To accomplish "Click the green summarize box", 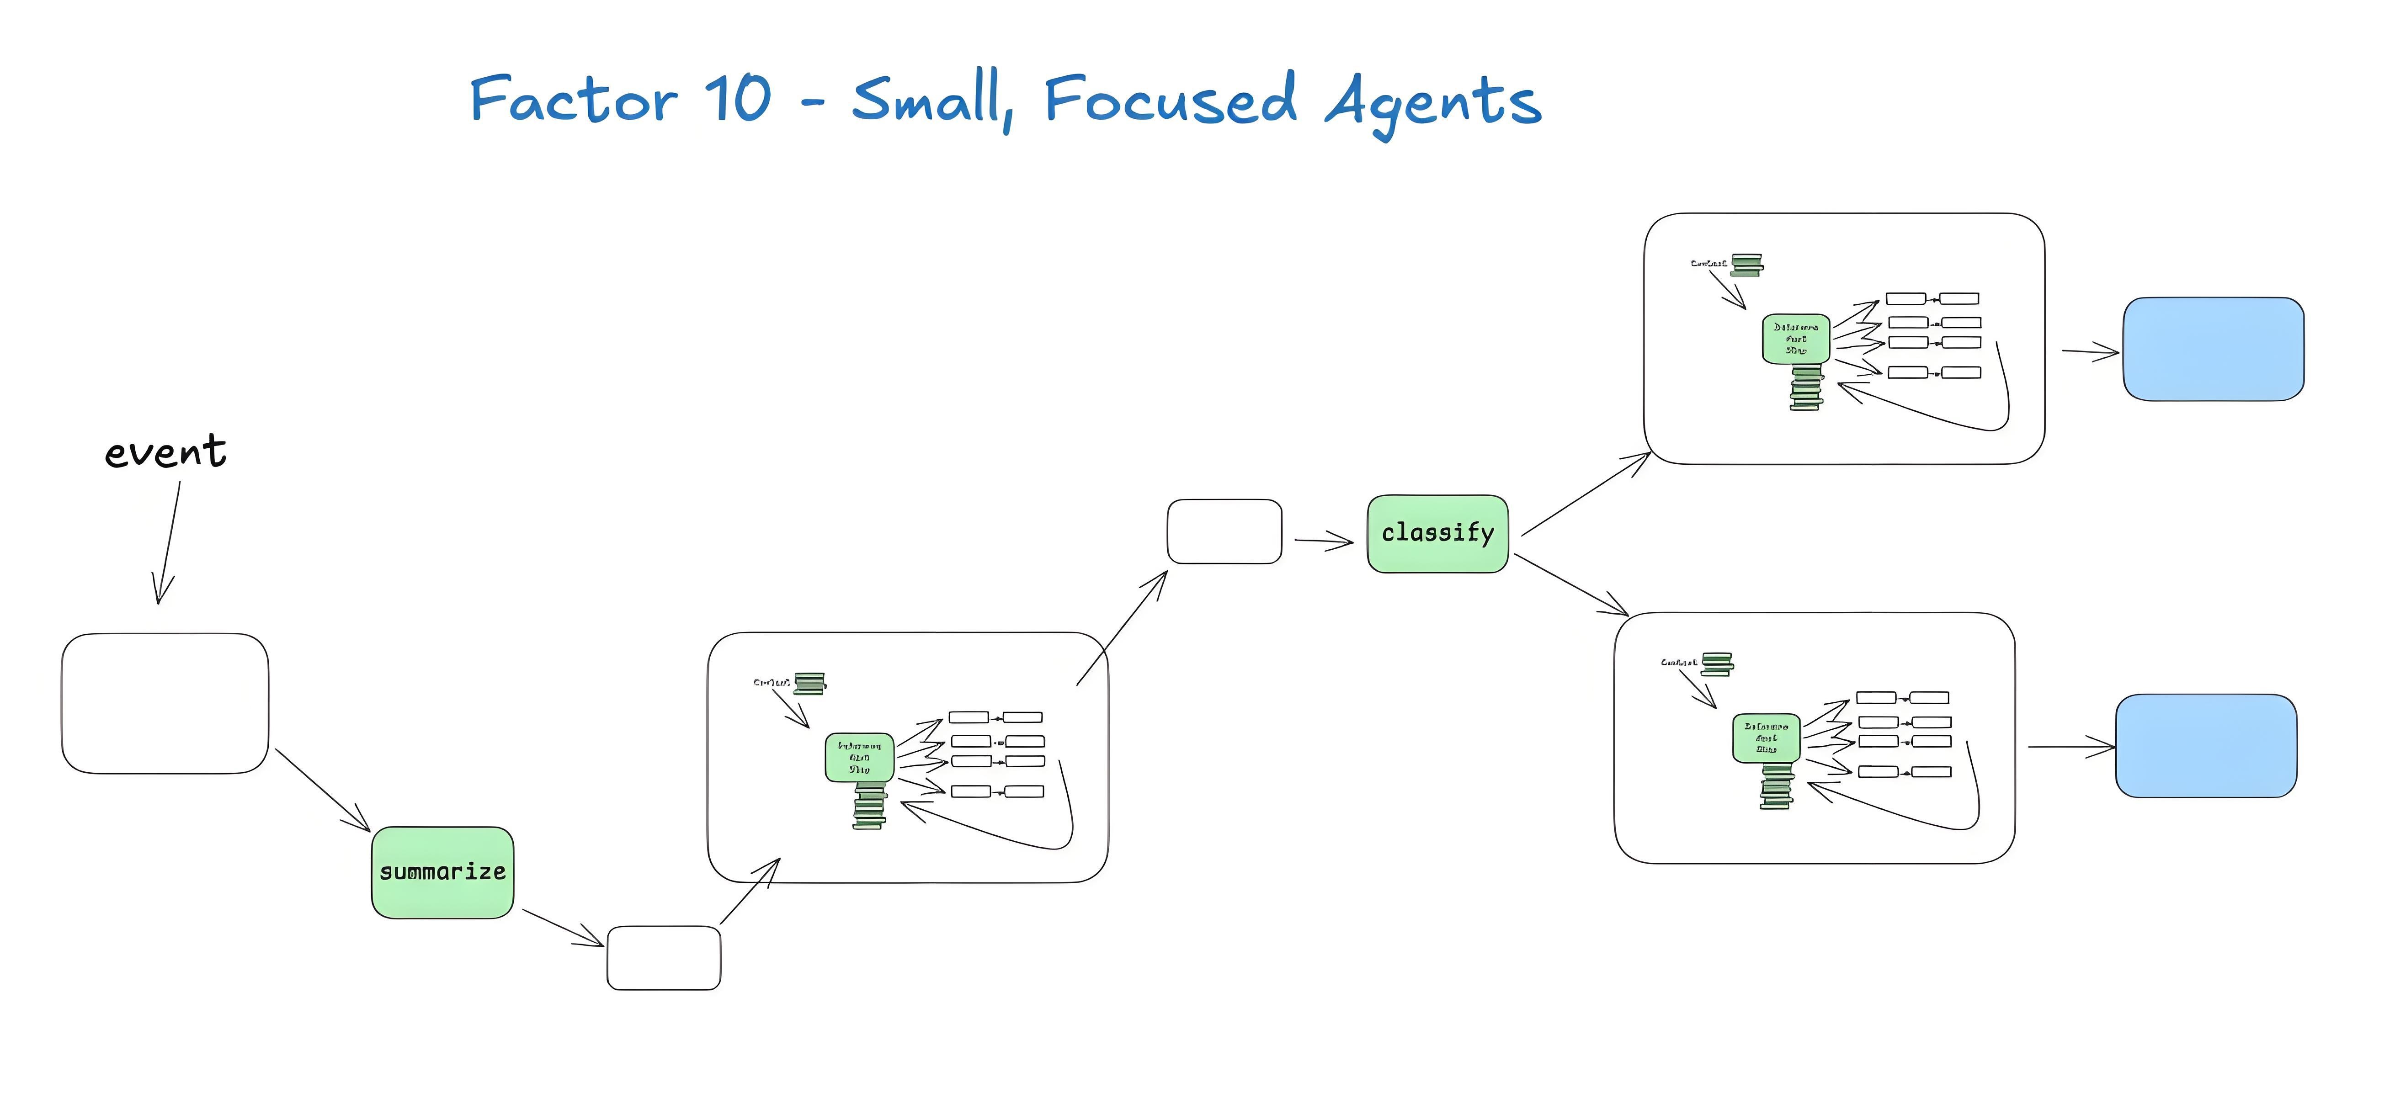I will pyautogui.click(x=442, y=872).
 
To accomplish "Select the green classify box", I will pyautogui.click(x=1437, y=533).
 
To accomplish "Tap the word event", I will pyautogui.click(x=165, y=452).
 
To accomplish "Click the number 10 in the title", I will pyautogui.click(x=737, y=99).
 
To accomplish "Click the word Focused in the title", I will pyautogui.click(x=1170, y=99).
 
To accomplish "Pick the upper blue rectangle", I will pyautogui.click(x=2213, y=350).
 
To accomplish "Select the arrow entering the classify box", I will pyautogui.click(x=1324, y=541).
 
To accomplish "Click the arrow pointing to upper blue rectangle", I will pyautogui.click(x=2090, y=351).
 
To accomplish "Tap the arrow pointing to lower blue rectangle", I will pyautogui.click(x=2071, y=746).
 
